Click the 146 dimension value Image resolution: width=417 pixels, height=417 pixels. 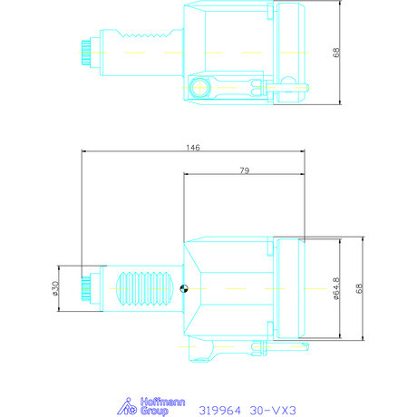[193, 148]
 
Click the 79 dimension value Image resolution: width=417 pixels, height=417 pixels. [245, 170]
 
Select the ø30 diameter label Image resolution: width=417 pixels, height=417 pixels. [55, 288]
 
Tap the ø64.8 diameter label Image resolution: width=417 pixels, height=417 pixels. [336, 289]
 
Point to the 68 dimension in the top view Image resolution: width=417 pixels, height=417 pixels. [336, 52]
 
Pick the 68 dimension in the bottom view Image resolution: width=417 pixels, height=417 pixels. [359, 288]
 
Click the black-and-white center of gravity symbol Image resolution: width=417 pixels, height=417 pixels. [184, 288]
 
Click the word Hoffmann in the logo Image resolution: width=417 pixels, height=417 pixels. [162, 402]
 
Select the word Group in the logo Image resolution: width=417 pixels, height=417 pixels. [154, 411]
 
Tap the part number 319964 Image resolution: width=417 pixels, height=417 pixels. [219, 411]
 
